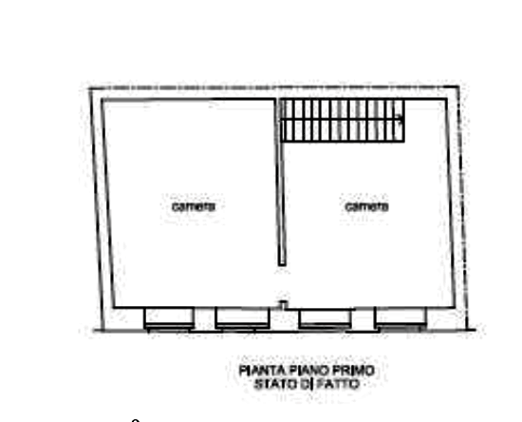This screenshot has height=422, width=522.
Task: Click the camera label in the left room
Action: (194, 206)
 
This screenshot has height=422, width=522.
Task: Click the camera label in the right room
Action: (366, 206)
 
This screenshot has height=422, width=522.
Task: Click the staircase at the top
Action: (343, 121)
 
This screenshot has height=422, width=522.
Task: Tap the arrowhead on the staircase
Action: (400, 117)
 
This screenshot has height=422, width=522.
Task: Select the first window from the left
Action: (169, 319)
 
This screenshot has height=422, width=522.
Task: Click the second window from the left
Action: (242, 318)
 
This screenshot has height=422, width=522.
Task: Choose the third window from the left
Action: (326, 319)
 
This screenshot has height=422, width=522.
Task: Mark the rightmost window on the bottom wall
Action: (401, 319)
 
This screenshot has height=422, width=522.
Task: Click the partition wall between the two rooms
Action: (280, 182)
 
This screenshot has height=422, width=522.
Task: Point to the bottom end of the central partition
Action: (282, 265)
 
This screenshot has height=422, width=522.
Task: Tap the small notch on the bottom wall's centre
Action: (283, 304)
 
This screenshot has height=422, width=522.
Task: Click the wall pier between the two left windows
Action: (204, 319)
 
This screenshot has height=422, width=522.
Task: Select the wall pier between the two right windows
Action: (364, 320)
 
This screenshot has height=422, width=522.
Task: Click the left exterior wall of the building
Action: (101, 209)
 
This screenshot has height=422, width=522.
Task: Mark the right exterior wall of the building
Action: (457, 207)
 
